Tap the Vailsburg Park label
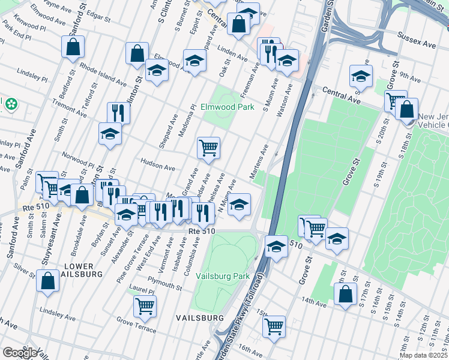pos(223,276)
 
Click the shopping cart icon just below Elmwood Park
pos(208,147)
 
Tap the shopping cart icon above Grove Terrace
pos(145,305)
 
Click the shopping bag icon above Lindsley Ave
pos(47,280)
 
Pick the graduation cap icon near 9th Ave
pos(361,76)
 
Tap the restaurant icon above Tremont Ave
pos(118,112)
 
